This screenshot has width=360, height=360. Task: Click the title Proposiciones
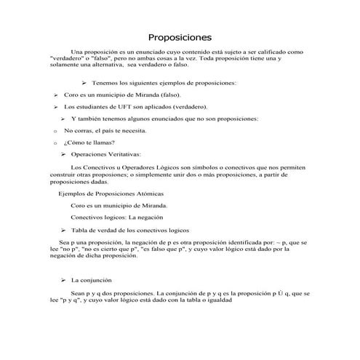(x=180, y=36)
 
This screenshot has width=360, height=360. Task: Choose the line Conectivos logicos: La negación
(x=121, y=217)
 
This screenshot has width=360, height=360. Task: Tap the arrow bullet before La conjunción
(x=63, y=279)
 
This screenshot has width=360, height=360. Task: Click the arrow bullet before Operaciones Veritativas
(x=63, y=154)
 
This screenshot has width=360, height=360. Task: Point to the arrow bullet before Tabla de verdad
(x=63, y=229)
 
